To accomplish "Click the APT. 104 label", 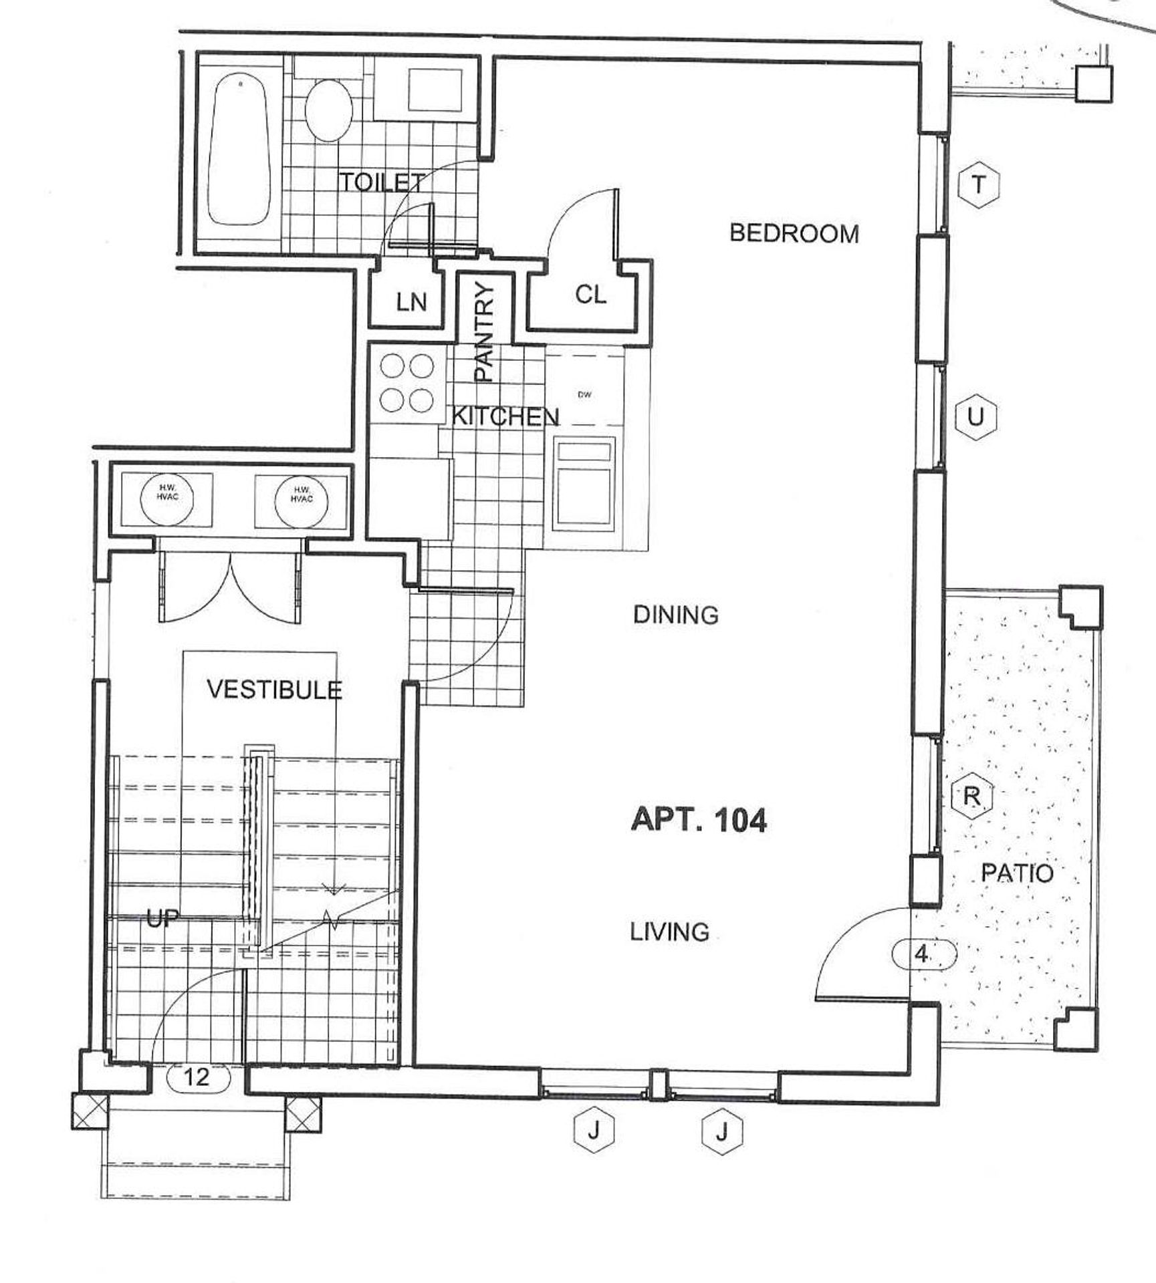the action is click(x=699, y=820).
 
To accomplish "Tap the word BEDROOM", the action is click(x=794, y=233).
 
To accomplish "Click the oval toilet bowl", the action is click(x=329, y=111).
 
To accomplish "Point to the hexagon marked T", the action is click(x=979, y=184).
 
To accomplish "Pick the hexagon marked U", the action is click(x=976, y=417).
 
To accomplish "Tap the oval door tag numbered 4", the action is click(x=924, y=954).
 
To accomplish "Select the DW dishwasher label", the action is click(x=584, y=394).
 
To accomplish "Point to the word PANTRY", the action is click(x=483, y=331).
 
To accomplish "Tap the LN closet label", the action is click(x=411, y=302).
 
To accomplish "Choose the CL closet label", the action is click(x=590, y=294).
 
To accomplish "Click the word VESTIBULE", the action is click(x=274, y=689).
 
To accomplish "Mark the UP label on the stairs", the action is click(x=162, y=919).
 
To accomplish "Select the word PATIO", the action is click(x=1017, y=873).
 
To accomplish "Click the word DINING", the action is click(x=675, y=614).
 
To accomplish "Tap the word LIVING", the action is click(x=669, y=931).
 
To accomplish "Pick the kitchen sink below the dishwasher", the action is click(x=584, y=482).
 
